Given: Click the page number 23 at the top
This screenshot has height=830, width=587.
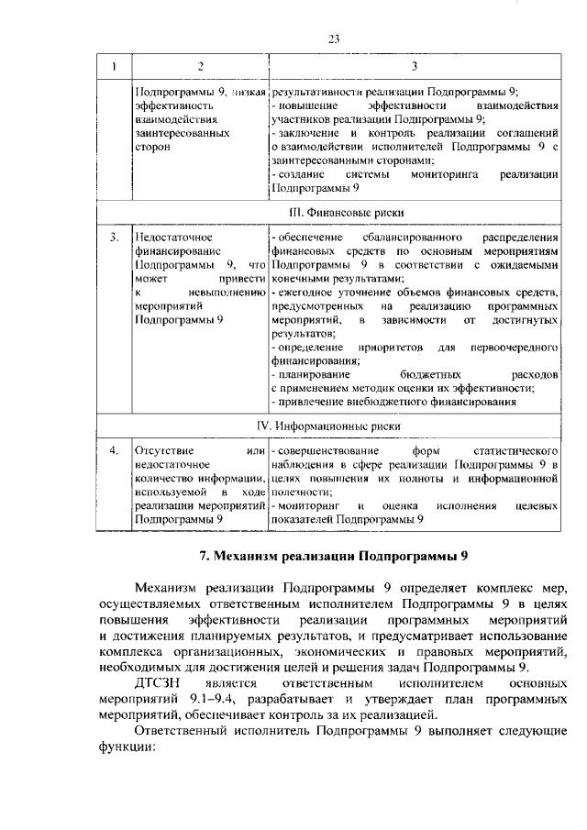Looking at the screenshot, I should point(334,39).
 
